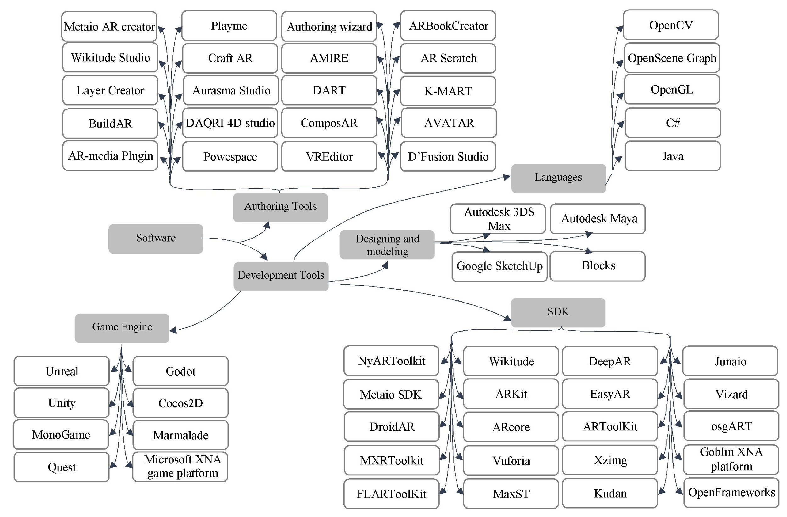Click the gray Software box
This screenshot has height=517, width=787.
[x=155, y=238]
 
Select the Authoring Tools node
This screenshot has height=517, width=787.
[x=280, y=207]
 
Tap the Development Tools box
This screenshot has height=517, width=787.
[x=281, y=276]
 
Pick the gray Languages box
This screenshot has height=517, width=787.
[x=558, y=178]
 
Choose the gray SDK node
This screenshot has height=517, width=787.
[x=558, y=312]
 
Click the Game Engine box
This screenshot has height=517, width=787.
[x=122, y=328]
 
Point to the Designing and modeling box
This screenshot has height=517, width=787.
[x=387, y=245]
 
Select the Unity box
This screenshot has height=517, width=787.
[x=61, y=403]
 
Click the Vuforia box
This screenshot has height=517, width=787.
[x=511, y=460]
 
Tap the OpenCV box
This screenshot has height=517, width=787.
[x=671, y=25]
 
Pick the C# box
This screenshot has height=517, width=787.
[x=672, y=123]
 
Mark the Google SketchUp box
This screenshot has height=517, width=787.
[x=499, y=267]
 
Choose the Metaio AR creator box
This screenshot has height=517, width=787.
[x=109, y=26]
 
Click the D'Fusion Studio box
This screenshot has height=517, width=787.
[x=448, y=156]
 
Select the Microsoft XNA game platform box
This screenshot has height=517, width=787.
[x=180, y=466]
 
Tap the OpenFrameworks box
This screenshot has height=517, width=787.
[x=731, y=492]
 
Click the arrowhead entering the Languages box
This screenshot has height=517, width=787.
[x=507, y=177]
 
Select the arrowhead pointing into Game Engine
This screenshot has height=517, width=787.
[x=173, y=330]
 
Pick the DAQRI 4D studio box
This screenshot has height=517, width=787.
[x=230, y=123]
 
